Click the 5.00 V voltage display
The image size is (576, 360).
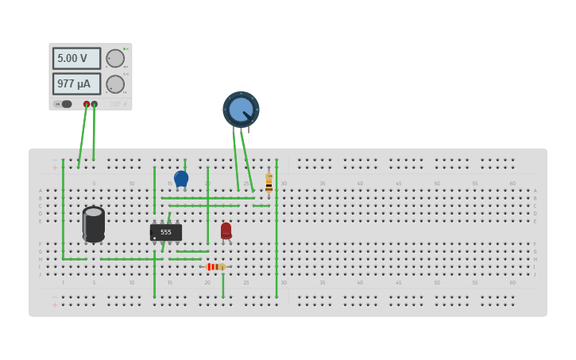pos(76,58)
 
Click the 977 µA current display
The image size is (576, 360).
pos(76,83)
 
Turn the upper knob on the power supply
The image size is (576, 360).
pos(115,58)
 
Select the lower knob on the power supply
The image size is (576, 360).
pos(115,84)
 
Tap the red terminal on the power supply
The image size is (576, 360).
pos(87,104)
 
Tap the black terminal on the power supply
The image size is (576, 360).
pos(95,104)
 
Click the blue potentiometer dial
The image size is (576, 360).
pos(241,109)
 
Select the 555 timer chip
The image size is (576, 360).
pos(166,232)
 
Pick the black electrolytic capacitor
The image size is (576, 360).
pos(94,224)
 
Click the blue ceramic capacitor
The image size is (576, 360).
pos(181,179)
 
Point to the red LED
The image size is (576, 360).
pos(226,230)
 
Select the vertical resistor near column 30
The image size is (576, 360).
pos(269,184)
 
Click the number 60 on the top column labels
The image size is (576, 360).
pos(512,184)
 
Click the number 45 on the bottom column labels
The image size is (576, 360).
pos(398,282)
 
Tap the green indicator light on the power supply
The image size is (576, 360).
pos(125,48)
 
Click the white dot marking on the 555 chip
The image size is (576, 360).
pos(154,238)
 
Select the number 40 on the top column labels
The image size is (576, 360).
pos(360,184)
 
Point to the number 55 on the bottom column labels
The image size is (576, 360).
pos(474,282)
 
